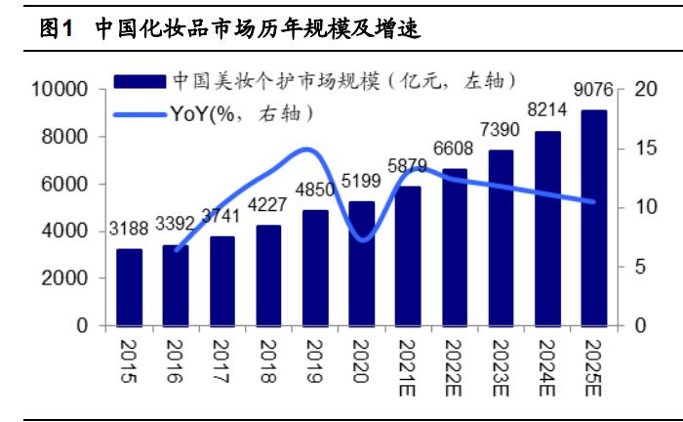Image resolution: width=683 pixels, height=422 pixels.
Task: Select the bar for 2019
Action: pos(315,268)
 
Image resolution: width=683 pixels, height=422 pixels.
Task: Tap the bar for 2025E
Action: pos(595,217)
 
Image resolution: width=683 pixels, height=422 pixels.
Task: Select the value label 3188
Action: pos(129,232)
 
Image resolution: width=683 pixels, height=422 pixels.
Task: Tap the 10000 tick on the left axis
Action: pos(60,90)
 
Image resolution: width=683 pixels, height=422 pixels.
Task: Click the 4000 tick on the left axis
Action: pos(66,232)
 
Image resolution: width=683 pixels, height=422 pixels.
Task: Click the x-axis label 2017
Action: pos(222,360)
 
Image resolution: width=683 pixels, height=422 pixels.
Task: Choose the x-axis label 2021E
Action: pos(409,366)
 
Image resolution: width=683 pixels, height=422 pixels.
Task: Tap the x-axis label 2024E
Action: pos(548,366)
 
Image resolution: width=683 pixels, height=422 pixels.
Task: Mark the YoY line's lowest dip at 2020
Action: pos(363,239)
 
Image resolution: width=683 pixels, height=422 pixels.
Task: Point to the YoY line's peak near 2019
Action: pos(306,149)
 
